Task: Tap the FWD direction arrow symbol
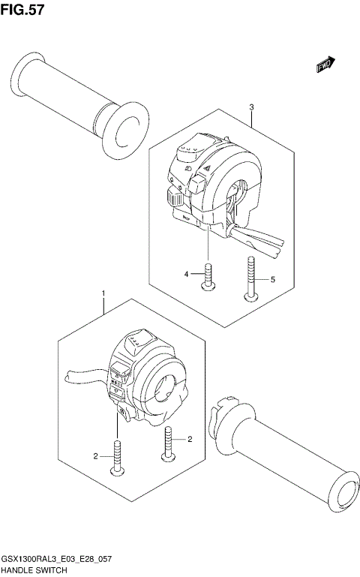click(325, 67)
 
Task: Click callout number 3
click(252, 107)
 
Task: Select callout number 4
click(187, 275)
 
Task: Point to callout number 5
click(273, 279)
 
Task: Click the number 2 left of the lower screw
click(96, 455)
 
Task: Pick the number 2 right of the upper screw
click(190, 439)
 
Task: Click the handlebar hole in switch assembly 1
click(166, 386)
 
